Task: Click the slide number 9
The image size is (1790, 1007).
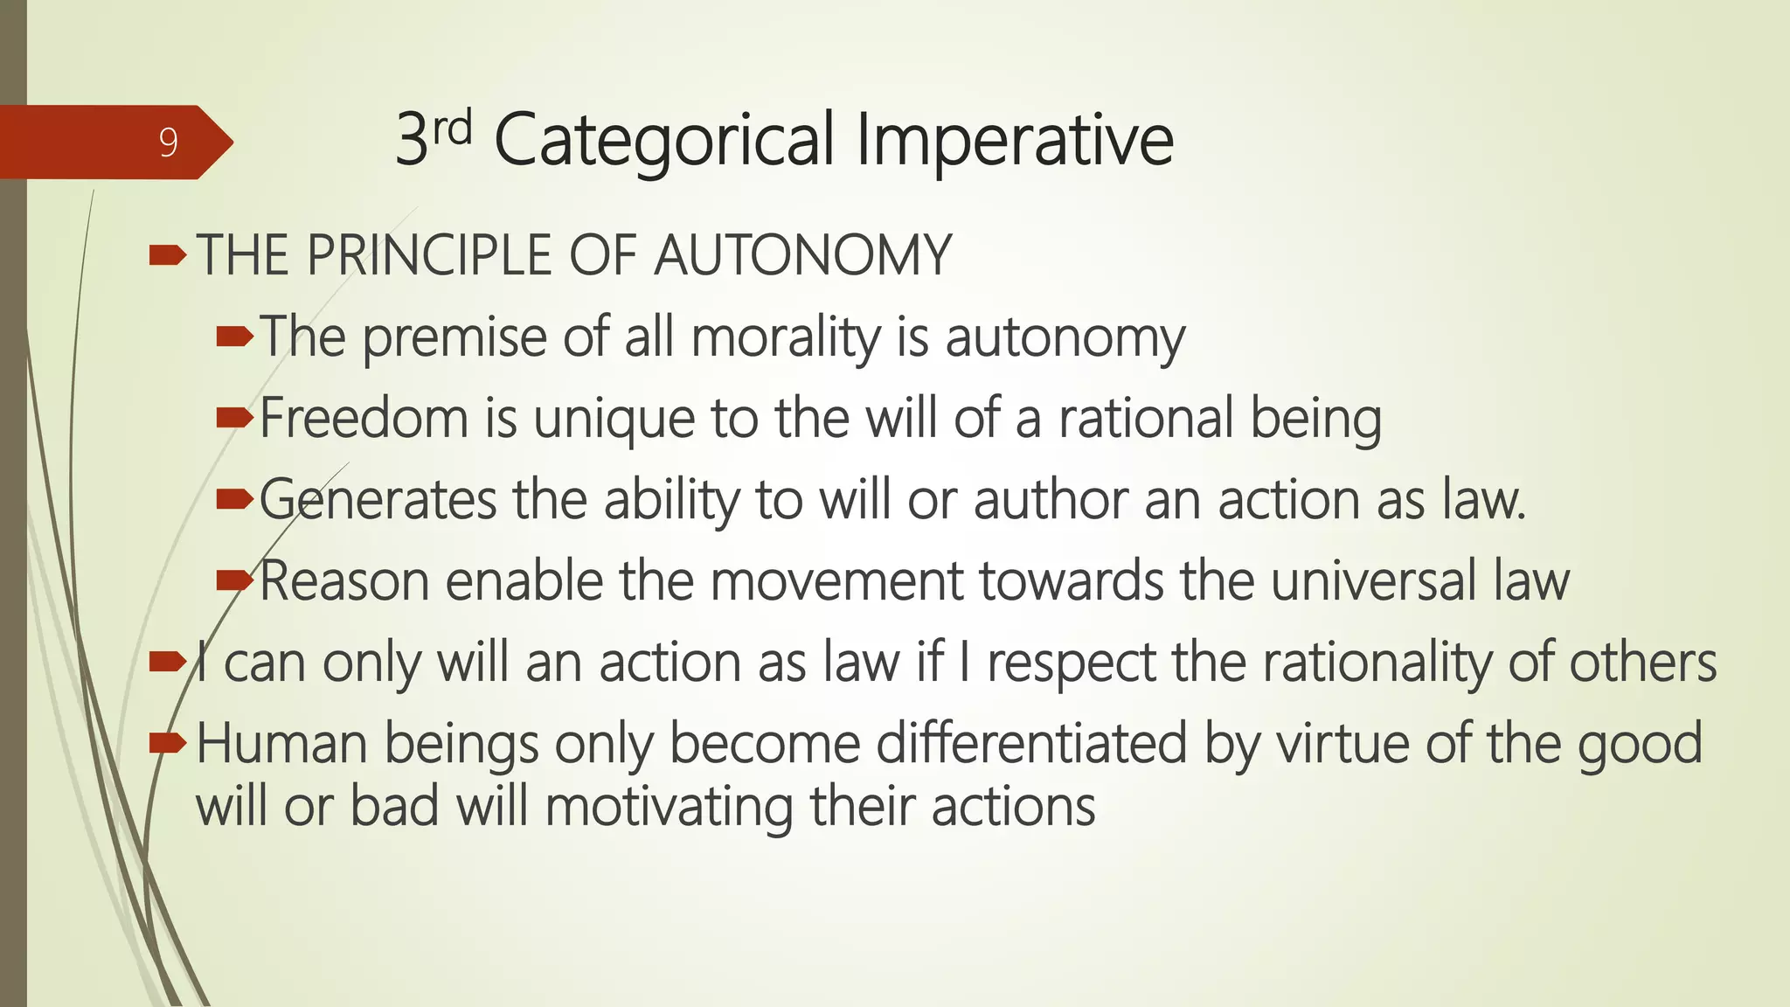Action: [169, 142]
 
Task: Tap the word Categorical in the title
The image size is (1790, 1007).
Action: [663, 140]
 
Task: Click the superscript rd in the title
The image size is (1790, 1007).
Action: [452, 128]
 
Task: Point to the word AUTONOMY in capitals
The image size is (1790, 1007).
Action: [802, 256]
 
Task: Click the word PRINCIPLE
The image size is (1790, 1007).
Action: [429, 256]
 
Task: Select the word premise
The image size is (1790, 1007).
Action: [454, 337]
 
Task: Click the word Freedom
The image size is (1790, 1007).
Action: [364, 418]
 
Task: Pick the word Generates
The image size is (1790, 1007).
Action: [378, 500]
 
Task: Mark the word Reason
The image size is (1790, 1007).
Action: [344, 581]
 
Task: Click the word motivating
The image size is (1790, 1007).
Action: [669, 806]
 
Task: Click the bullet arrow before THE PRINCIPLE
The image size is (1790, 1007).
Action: [167, 255]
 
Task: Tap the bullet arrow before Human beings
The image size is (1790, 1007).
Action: [167, 743]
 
